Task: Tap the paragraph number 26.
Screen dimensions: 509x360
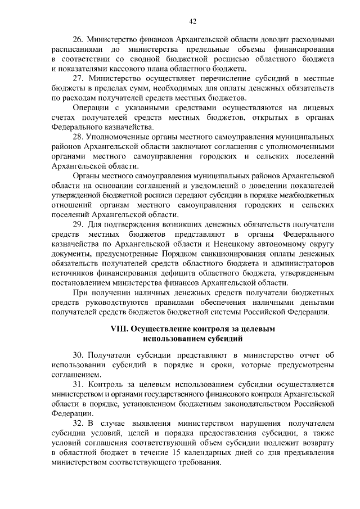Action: click(x=78, y=39)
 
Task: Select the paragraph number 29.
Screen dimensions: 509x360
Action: click(x=78, y=224)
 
